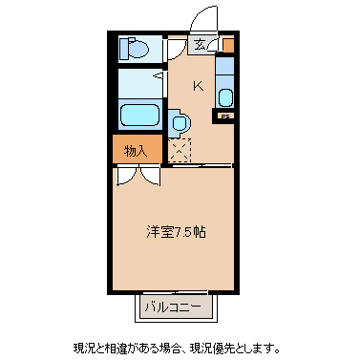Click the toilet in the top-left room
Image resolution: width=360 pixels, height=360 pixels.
pyautogui.click(x=135, y=49)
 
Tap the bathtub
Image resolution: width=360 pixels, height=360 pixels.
pyautogui.click(x=140, y=117)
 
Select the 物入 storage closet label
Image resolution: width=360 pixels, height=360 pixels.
pyautogui.click(x=136, y=150)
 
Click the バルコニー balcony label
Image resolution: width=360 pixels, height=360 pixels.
pyautogui.click(x=173, y=307)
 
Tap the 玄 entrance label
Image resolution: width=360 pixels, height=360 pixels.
pyautogui.click(x=200, y=44)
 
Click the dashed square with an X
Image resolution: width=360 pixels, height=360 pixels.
pyautogui.click(x=180, y=148)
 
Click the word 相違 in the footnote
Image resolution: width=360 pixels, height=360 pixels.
pyautogui.click(x=114, y=346)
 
